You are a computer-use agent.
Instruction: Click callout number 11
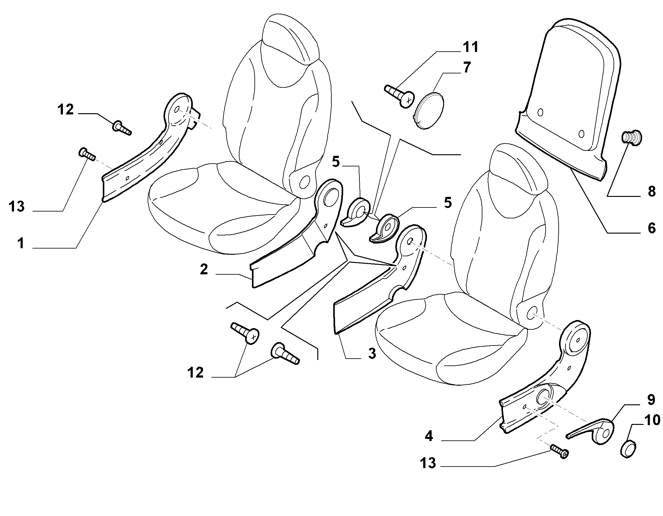pyautogui.click(x=470, y=48)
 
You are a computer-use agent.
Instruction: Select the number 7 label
pyautogui.click(x=467, y=67)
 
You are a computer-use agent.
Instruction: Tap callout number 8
pyautogui.click(x=651, y=192)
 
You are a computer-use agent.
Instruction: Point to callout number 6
pyautogui.click(x=651, y=228)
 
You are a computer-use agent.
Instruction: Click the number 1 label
pyautogui.click(x=21, y=243)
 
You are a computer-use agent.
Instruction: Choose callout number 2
pyautogui.click(x=204, y=269)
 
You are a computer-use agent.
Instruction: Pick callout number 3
pyautogui.click(x=372, y=353)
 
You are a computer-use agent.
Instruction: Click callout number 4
pyautogui.click(x=429, y=436)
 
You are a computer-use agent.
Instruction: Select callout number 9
pyautogui.click(x=651, y=400)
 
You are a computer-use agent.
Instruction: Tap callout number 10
pyautogui.click(x=651, y=420)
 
